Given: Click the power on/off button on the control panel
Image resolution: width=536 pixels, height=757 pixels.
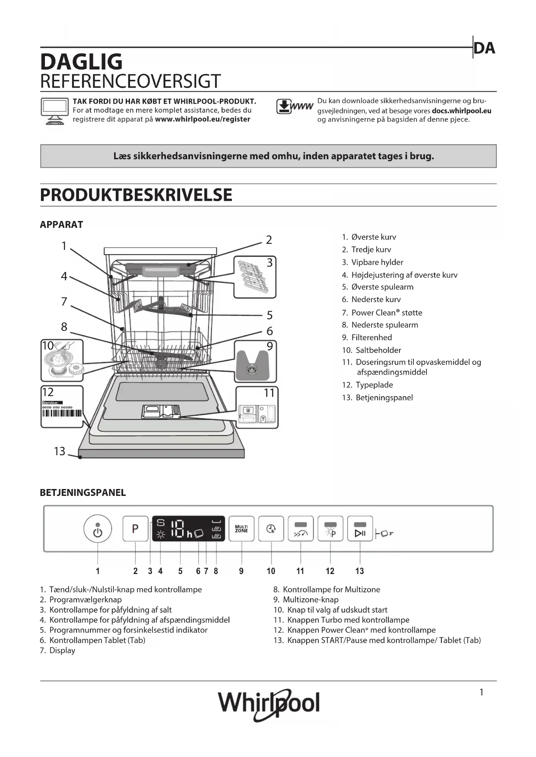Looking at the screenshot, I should pos(98,529).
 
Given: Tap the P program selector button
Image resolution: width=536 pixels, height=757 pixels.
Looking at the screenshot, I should pos(135,528).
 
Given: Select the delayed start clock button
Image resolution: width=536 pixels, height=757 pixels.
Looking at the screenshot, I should pos(271,529).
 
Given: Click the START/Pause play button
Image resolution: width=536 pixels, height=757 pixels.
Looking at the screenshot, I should pos(360,529).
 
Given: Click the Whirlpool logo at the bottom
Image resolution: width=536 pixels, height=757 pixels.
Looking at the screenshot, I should pos(269,703).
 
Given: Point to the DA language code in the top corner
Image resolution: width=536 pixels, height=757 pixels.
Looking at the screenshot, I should pos(484,48).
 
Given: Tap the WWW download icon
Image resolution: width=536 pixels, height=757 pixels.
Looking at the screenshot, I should pos(295,106).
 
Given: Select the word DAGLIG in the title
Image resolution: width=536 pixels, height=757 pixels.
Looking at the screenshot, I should pos(81,62).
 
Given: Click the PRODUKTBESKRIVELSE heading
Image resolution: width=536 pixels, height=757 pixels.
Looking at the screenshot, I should pos(136,195).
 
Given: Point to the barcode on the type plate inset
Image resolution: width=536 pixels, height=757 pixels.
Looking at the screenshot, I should pos(61,413).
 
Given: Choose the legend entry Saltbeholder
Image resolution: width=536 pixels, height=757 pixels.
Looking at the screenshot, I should pos(378,350).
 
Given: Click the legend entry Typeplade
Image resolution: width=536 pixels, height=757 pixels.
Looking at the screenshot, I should pos(374,385).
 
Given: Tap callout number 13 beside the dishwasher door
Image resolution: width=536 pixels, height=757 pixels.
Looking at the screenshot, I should pos(60,451).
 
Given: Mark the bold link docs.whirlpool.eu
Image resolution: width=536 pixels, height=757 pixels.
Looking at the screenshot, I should pos(461,110).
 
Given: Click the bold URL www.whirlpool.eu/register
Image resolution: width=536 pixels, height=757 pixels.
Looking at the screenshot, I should pos(202,119).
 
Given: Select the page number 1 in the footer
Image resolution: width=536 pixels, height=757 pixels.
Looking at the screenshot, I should pos(481,692).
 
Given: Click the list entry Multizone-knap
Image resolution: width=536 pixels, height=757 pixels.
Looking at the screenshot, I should pos(310,599).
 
